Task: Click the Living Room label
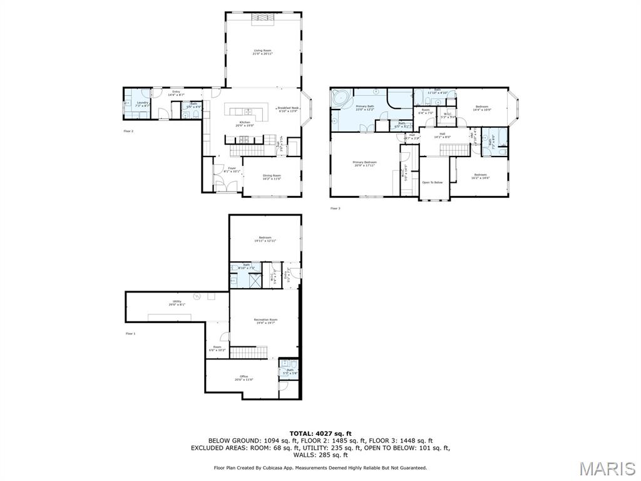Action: click(263, 52)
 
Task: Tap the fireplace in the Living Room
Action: click(263, 20)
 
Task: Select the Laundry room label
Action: click(143, 104)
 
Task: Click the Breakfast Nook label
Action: click(289, 109)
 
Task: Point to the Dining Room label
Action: click(272, 177)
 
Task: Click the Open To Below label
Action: click(433, 182)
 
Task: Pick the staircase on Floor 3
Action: click(455, 149)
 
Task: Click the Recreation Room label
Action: click(265, 321)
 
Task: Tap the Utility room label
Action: click(177, 303)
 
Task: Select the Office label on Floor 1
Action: click(244, 378)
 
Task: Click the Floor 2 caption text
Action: click(128, 131)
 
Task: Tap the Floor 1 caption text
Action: click(130, 334)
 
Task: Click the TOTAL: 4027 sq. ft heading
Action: click(320, 433)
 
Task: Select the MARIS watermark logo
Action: click(607, 468)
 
